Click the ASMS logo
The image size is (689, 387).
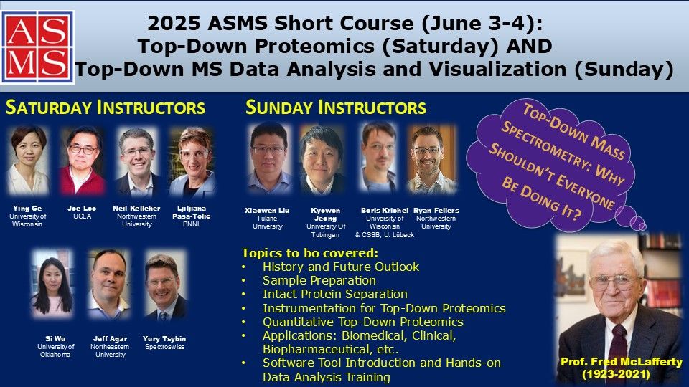[x=37, y=47]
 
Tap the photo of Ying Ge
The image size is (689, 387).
[x=28, y=161]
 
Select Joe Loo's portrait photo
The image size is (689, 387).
[x=83, y=161]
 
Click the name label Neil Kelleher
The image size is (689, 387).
[x=136, y=209]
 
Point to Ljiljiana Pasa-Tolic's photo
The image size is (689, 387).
[x=192, y=161]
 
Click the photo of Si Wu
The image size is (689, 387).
[x=52, y=284]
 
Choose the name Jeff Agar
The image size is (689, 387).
[x=111, y=339]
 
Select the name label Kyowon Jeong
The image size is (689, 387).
[x=326, y=214]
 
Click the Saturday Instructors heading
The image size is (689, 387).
[x=106, y=107]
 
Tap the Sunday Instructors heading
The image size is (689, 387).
[x=336, y=107]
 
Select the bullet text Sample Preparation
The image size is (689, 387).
[x=319, y=280]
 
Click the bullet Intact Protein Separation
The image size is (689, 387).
[x=335, y=294]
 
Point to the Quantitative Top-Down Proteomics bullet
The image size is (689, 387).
[x=363, y=322]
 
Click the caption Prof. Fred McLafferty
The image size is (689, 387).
[x=622, y=362]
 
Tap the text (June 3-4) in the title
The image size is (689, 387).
[x=482, y=24]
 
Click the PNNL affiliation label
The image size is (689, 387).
[x=192, y=224]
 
